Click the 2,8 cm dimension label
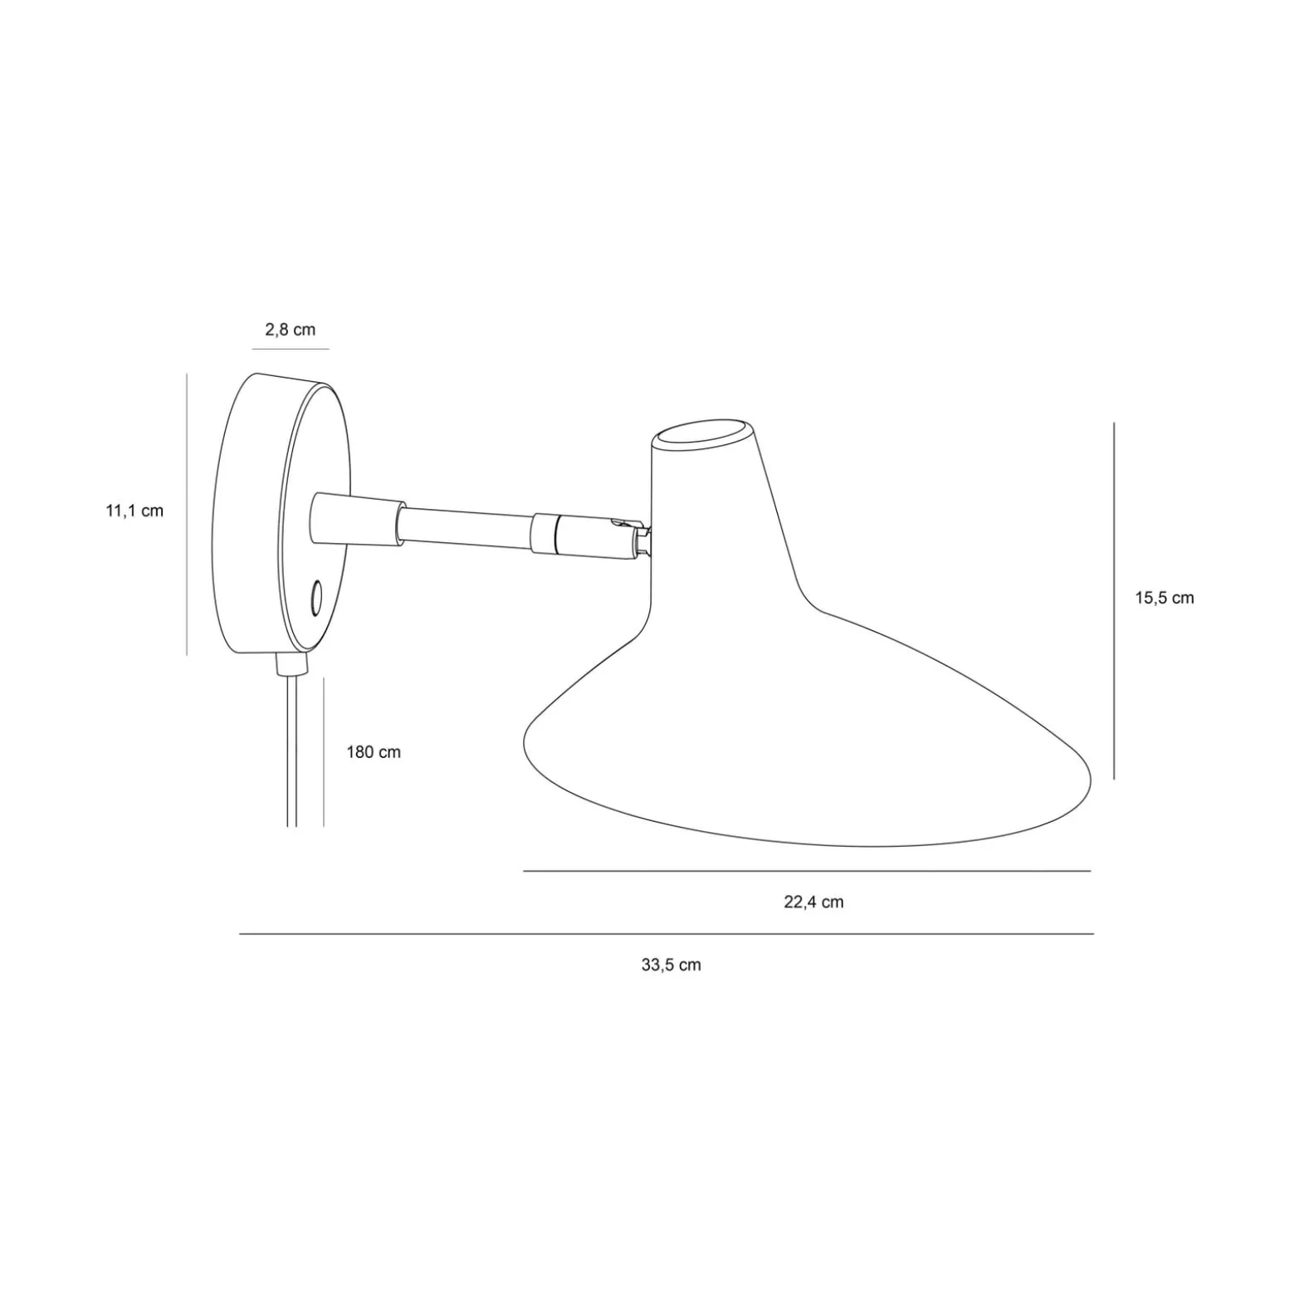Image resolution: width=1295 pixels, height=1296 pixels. point(290,330)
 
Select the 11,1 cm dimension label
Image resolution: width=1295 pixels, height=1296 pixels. point(134,511)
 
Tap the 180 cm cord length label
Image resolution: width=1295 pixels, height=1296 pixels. point(374,752)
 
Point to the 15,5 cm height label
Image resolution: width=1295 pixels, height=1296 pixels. point(1165,598)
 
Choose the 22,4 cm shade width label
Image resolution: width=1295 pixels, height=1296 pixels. point(814,902)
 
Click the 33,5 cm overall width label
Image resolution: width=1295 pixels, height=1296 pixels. point(671,965)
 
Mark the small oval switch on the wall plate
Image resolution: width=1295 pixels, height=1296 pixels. point(316,598)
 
